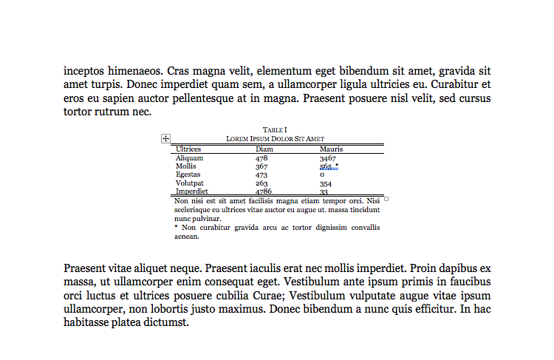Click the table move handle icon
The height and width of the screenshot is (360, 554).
point(165,138)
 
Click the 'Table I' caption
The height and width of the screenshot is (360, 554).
point(275,130)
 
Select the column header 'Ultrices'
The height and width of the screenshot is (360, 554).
point(188,149)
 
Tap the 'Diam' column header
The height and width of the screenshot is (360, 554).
point(264,149)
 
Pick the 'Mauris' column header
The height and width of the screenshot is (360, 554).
point(331,149)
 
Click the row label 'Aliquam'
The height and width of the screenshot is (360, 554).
point(189,158)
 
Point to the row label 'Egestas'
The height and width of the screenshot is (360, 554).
point(188,174)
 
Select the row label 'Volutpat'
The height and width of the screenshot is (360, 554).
point(190,183)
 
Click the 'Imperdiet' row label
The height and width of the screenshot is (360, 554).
point(191,191)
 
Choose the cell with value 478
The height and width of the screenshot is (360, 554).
point(261,158)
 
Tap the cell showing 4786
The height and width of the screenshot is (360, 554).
point(264,191)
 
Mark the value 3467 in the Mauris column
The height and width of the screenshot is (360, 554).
point(327,158)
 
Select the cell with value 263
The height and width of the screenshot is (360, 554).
point(261,183)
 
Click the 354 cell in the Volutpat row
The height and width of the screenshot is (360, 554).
point(325,183)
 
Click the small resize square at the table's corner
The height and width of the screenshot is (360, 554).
point(386,198)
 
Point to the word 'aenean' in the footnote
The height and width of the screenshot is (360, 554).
point(186,237)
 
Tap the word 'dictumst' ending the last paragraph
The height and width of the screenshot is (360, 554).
point(167,322)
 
